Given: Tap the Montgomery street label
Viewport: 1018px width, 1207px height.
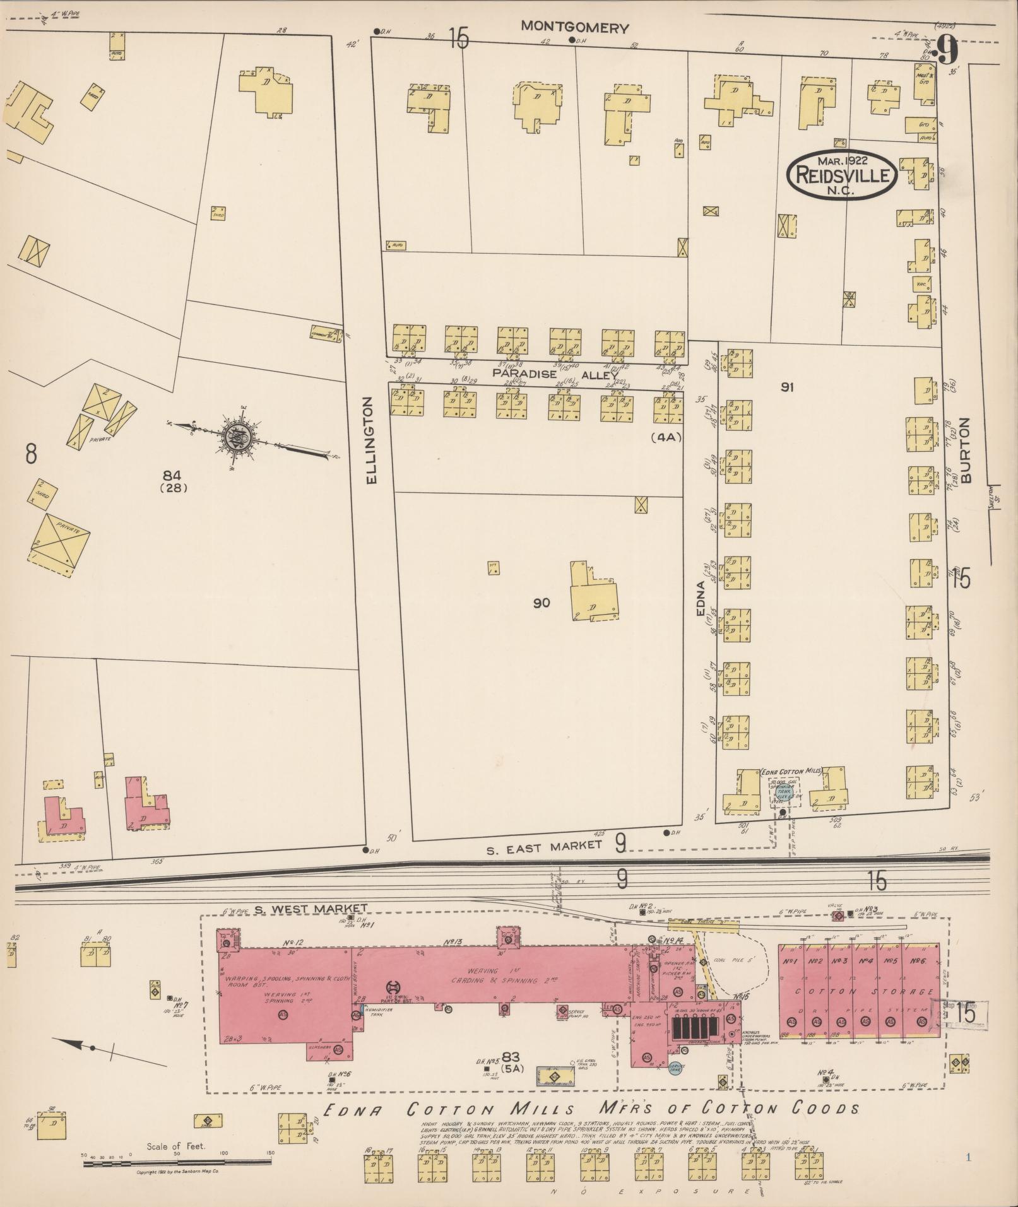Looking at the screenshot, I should [575, 28].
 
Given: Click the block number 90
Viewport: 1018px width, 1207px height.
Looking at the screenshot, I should [541, 603].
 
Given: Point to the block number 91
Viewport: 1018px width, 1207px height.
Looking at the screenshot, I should [786, 387].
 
